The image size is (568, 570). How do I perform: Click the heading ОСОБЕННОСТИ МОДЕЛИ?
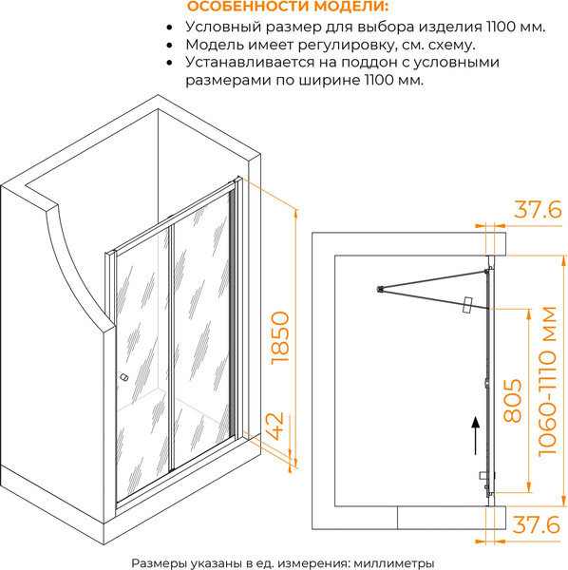coord(288,6)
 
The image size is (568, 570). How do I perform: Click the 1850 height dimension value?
coord(280,337)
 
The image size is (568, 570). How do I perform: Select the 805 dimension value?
coord(512,401)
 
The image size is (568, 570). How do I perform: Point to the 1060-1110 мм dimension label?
coord(547,381)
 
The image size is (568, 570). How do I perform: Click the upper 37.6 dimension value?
coord(538,210)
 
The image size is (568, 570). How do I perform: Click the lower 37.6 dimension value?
coord(537,524)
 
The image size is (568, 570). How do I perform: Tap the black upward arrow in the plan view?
coord(475,435)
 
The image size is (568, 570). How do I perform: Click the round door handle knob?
coord(123,377)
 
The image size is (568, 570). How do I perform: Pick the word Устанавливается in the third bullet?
coord(250,62)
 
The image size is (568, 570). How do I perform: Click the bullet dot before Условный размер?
coord(169,28)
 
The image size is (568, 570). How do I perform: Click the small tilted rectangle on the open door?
coord(466,305)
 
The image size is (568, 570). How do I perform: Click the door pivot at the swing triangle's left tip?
coord(380,290)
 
